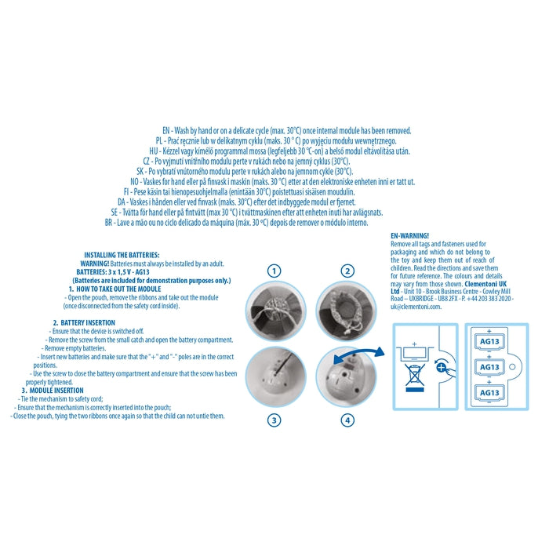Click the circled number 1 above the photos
[x=274, y=271]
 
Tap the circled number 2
[x=347, y=271]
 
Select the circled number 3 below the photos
[x=274, y=420]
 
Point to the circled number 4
[x=347, y=420]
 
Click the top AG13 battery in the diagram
[x=489, y=341]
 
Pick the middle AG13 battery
[x=489, y=367]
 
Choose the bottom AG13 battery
[x=489, y=392]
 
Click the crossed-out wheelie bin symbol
[x=415, y=377]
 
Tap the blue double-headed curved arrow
[x=358, y=353]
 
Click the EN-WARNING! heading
[x=409, y=235]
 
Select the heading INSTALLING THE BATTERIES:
[x=122, y=255]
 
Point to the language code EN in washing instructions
[x=166, y=131]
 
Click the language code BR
[x=108, y=222]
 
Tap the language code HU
[x=154, y=151]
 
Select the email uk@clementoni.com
[x=416, y=307]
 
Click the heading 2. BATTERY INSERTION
[x=84, y=322]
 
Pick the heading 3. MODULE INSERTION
[x=53, y=390]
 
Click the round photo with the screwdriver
[x=275, y=376]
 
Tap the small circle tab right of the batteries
[x=512, y=367]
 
